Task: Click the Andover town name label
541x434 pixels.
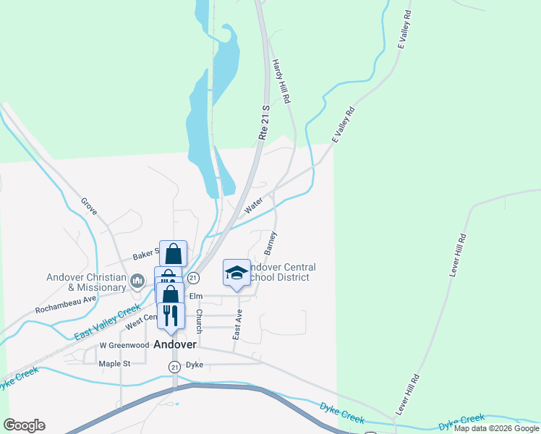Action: click(x=175, y=345)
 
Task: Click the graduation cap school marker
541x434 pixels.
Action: click(x=237, y=272)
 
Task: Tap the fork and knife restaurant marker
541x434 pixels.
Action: click(x=171, y=315)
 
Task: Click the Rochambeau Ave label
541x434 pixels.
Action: click(x=66, y=305)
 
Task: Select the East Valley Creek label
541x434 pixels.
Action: click(x=107, y=323)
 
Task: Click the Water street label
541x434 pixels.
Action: click(x=253, y=207)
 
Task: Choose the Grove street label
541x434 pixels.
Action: click(x=89, y=209)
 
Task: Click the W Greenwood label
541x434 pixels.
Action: click(x=124, y=346)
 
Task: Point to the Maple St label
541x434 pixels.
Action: click(x=114, y=364)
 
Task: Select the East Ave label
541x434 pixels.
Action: click(x=237, y=325)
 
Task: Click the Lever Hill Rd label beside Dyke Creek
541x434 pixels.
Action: click(x=407, y=394)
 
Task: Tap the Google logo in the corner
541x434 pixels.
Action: click(x=24, y=425)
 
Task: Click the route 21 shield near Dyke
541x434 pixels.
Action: click(x=174, y=367)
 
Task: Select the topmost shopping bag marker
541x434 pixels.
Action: click(x=173, y=253)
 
